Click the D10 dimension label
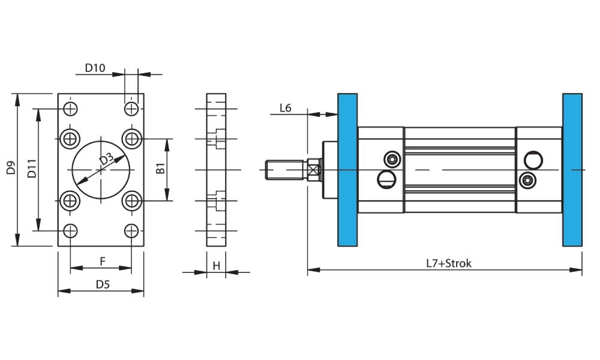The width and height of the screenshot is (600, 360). [94, 68]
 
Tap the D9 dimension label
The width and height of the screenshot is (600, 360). [11, 168]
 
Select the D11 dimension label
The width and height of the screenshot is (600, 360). [32, 169]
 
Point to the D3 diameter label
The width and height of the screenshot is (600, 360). [106, 159]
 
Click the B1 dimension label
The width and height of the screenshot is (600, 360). [160, 169]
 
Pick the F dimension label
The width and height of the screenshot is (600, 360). [103, 261]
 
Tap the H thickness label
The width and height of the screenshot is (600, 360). [216, 265]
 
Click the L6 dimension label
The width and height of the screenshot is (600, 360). [286, 108]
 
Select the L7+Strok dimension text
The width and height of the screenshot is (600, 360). [449, 263]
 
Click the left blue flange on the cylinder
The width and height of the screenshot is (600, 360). [347, 170]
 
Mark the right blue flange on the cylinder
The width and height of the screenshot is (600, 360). [572, 170]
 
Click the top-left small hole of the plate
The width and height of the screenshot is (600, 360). [71, 109]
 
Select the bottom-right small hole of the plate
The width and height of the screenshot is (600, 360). [131, 230]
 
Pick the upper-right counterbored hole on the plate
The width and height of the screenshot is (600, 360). [131, 139]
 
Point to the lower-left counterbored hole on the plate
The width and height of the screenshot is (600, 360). [71, 200]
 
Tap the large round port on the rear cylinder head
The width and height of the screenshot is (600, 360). [533, 160]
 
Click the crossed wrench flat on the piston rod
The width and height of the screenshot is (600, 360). [313, 170]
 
